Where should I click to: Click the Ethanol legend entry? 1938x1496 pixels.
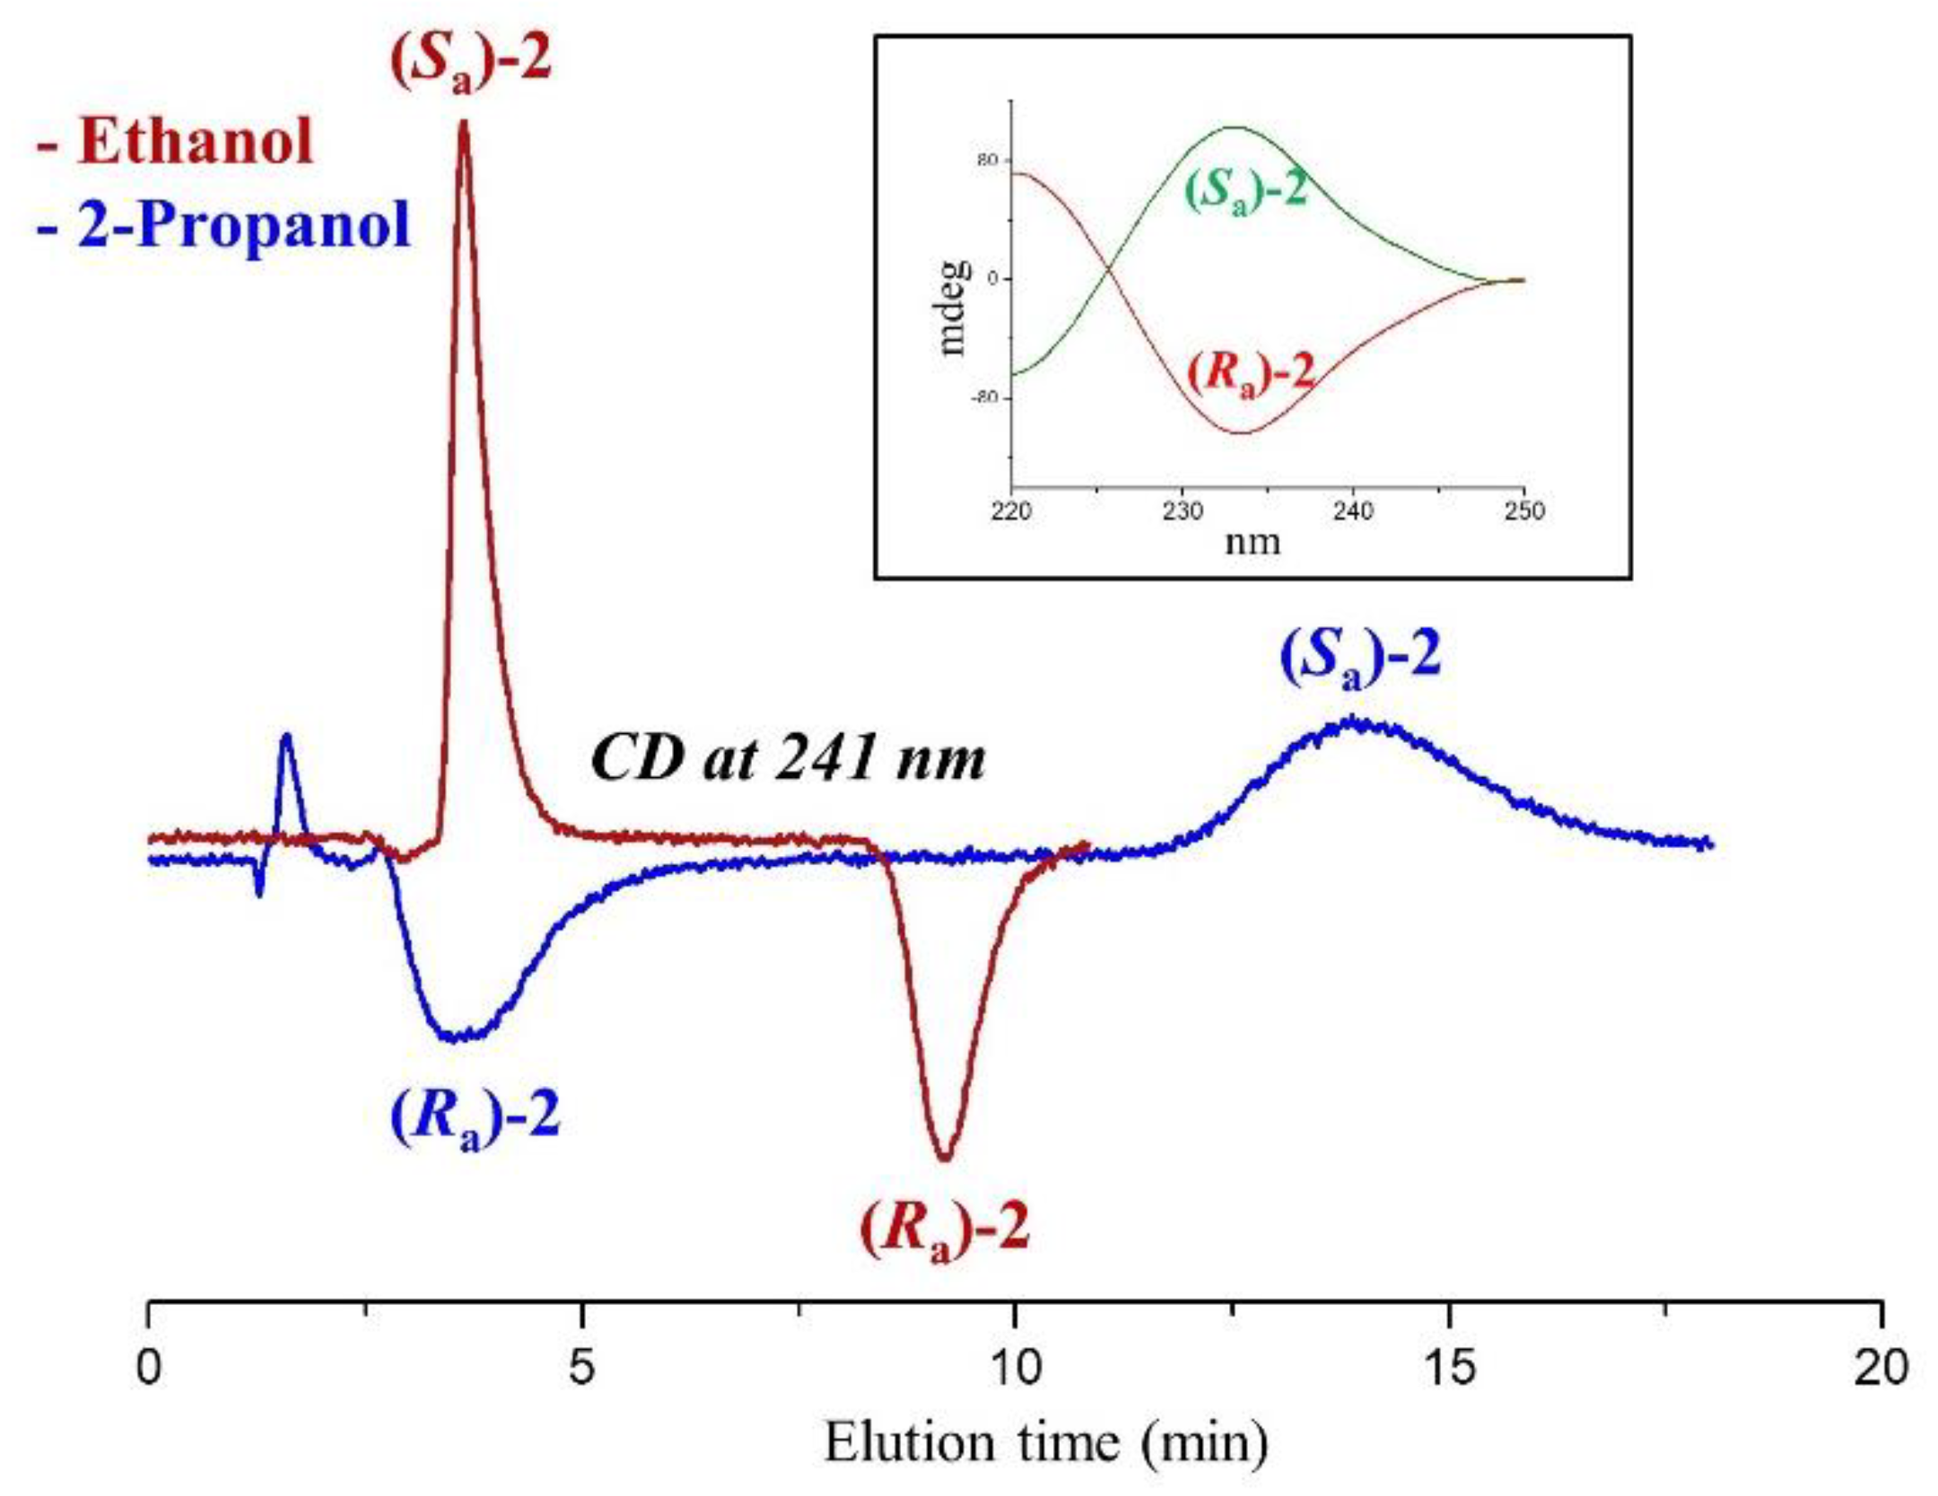(x=176, y=142)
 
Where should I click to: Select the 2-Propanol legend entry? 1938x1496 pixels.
(x=223, y=223)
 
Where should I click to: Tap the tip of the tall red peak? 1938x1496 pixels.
(x=464, y=123)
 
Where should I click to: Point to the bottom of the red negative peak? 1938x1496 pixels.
(x=944, y=1159)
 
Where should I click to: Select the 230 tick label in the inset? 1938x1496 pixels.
(x=1182, y=512)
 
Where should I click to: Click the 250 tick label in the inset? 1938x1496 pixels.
(x=1523, y=512)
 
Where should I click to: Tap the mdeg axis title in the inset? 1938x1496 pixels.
(x=954, y=308)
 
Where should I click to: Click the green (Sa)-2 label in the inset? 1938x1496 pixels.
(x=1247, y=191)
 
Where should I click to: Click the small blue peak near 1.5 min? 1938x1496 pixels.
(x=286, y=738)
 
